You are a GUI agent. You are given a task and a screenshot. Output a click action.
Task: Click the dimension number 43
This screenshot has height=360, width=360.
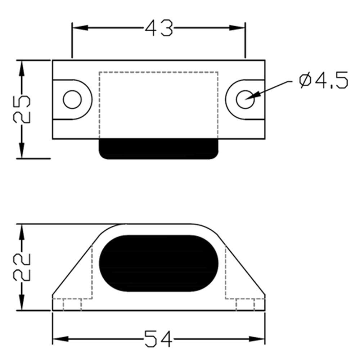pos(159,28)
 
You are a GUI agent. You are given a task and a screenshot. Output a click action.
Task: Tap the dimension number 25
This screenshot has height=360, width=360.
pos(22,109)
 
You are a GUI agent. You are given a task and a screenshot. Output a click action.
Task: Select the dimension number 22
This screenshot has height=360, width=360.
pos(22,267)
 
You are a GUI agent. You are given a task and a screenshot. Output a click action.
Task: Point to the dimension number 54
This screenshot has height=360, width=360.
pos(158,339)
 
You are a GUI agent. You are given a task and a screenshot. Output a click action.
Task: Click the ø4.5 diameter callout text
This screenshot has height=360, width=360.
pos(324,80)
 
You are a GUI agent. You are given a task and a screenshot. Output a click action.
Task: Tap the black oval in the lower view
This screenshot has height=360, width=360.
pos(159,264)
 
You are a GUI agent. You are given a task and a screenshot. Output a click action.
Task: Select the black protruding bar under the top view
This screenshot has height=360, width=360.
pos(159,149)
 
